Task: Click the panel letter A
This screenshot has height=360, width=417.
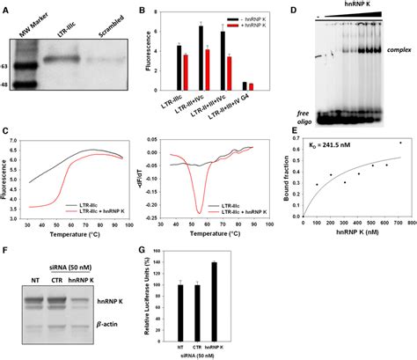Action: coord(6,9)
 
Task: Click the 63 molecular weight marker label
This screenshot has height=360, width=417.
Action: coord(7,66)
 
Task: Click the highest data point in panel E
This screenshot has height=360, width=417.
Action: coord(401,143)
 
